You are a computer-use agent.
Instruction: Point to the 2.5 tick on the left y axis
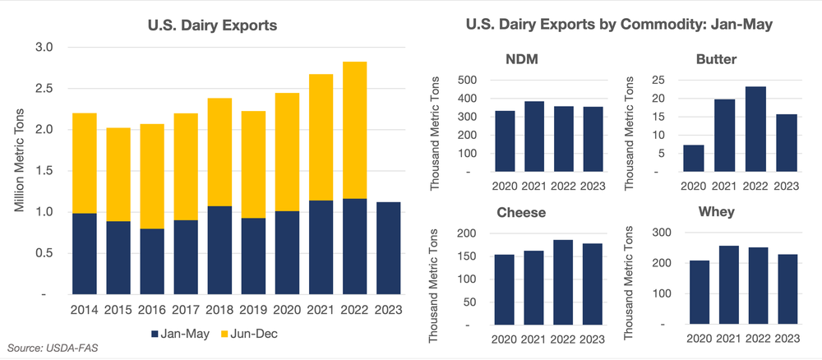[43, 89]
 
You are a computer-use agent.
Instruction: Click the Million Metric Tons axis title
[19, 170]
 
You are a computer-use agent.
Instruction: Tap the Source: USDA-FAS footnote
[48, 350]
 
